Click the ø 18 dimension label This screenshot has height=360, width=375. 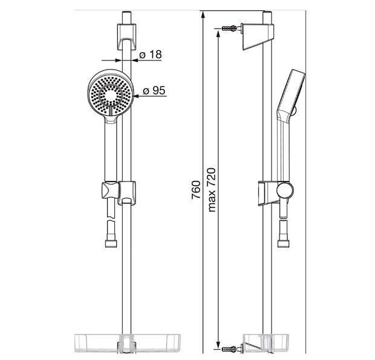pyautogui.click(x=151, y=55)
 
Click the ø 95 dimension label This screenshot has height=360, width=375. pyautogui.click(x=154, y=91)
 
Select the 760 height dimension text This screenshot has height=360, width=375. pyautogui.click(x=196, y=190)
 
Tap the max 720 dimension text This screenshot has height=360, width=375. pyautogui.click(x=212, y=190)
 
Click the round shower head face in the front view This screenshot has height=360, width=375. pyautogui.click(x=110, y=95)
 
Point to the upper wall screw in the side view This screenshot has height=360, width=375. pyautogui.click(x=230, y=28)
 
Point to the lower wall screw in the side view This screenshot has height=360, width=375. pyautogui.click(x=230, y=349)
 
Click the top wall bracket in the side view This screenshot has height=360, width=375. pyautogui.click(x=258, y=36)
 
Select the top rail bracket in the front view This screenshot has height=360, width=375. pyautogui.click(x=126, y=36)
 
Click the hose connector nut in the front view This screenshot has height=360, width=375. pyautogui.click(x=111, y=244)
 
